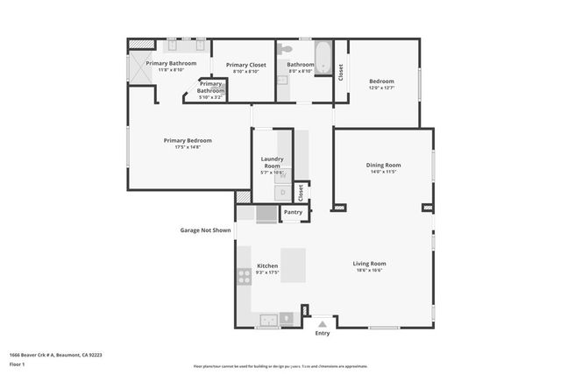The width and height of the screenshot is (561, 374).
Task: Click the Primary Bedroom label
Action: click(x=188, y=140)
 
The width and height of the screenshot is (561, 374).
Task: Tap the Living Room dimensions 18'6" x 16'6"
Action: click(x=369, y=271)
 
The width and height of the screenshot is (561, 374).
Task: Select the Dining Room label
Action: click(x=383, y=165)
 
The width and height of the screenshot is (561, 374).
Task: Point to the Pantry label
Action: click(x=294, y=212)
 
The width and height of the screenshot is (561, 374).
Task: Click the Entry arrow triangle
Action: click(x=323, y=323)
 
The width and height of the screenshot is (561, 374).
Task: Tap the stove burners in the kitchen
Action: click(x=244, y=277)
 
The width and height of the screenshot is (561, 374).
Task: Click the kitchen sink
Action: click(x=267, y=319)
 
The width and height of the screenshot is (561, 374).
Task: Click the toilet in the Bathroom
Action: click(x=284, y=50)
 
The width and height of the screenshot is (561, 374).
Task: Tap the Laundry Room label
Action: click(x=272, y=162)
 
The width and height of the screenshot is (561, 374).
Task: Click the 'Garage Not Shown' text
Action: click(x=206, y=230)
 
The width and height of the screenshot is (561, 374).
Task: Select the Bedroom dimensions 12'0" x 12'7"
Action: click(x=381, y=88)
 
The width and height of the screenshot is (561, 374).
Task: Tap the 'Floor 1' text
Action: click(x=18, y=363)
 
